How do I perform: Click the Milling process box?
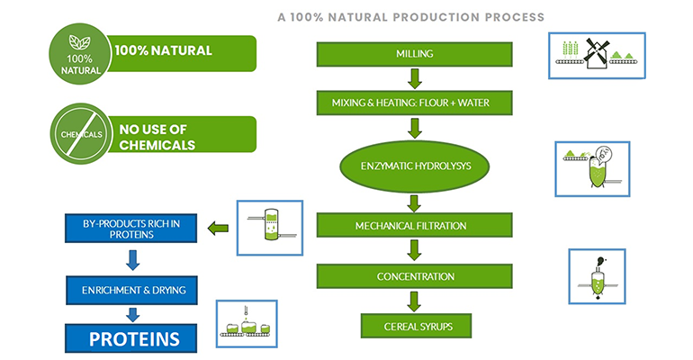[414, 54]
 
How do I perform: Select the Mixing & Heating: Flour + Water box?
[414, 103]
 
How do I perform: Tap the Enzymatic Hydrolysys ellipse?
[414, 166]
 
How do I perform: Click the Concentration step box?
[414, 275]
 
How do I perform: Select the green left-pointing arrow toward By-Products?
[217, 227]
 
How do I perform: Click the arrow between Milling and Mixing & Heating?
[414, 78]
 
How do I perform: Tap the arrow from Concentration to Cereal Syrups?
[414, 301]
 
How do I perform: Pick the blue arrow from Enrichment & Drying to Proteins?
[132, 313]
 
